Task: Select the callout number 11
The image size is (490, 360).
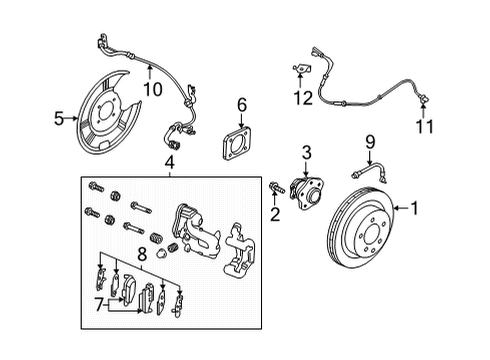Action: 425,128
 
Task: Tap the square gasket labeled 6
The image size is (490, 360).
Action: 241,141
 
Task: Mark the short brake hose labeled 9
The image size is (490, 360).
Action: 369,169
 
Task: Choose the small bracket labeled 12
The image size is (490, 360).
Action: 298,69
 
